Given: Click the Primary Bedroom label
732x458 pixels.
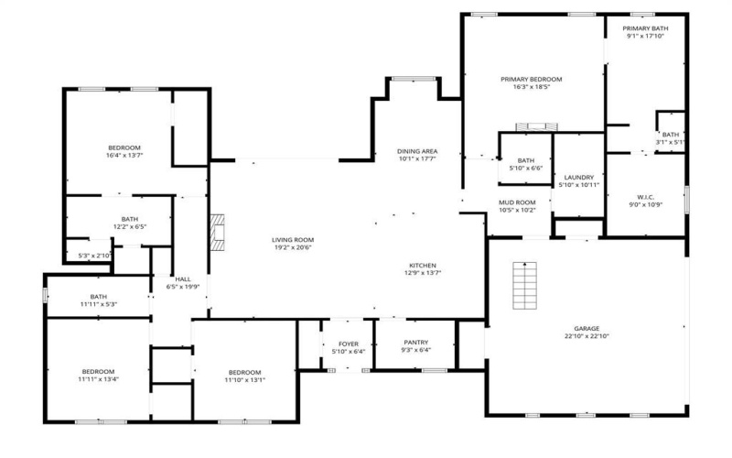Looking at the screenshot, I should coord(531,80).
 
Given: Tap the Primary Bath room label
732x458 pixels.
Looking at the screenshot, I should coord(647,28).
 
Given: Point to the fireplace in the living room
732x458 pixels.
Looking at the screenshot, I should coord(217,233).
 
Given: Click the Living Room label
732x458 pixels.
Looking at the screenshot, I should coord(293,240).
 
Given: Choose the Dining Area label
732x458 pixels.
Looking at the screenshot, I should coord(416,151).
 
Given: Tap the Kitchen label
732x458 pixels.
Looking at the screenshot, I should coord(422,265).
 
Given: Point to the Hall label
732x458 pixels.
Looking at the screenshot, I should coord(182,279).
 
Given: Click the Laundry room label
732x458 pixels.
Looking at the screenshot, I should coord(579,178).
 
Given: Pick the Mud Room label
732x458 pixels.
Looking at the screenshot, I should coord(517,202).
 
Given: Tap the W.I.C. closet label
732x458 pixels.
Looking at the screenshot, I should coord(645,197).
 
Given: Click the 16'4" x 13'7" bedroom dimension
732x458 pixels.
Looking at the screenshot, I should coord(124,156).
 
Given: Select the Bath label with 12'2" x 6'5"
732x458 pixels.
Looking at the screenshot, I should coord(129,219).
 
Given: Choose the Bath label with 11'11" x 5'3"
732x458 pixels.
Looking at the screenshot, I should coord(98,297).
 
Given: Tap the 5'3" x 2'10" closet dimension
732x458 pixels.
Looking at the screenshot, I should coord(94,256).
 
